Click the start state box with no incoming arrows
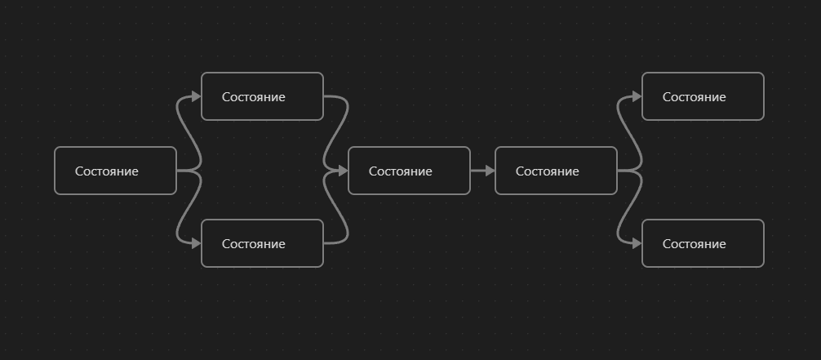point(115,171)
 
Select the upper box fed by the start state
point(262,96)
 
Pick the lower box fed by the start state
point(262,243)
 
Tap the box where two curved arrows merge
point(409,171)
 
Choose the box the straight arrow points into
point(556,171)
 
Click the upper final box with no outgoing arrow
point(703,96)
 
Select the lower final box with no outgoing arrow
point(703,243)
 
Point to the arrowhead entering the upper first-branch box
point(196,96)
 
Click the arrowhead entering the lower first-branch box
point(196,243)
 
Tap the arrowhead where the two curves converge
point(343,171)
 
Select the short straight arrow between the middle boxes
point(482,171)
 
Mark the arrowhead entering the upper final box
point(637,96)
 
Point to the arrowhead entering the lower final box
point(637,243)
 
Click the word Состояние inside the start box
point(107,171)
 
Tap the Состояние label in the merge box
point(401,171)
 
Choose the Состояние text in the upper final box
point(695,97)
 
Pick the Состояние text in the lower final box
point(695,244)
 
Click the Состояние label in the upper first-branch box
point(254,97)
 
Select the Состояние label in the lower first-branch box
point(254,244)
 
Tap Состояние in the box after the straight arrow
point(548,171)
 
